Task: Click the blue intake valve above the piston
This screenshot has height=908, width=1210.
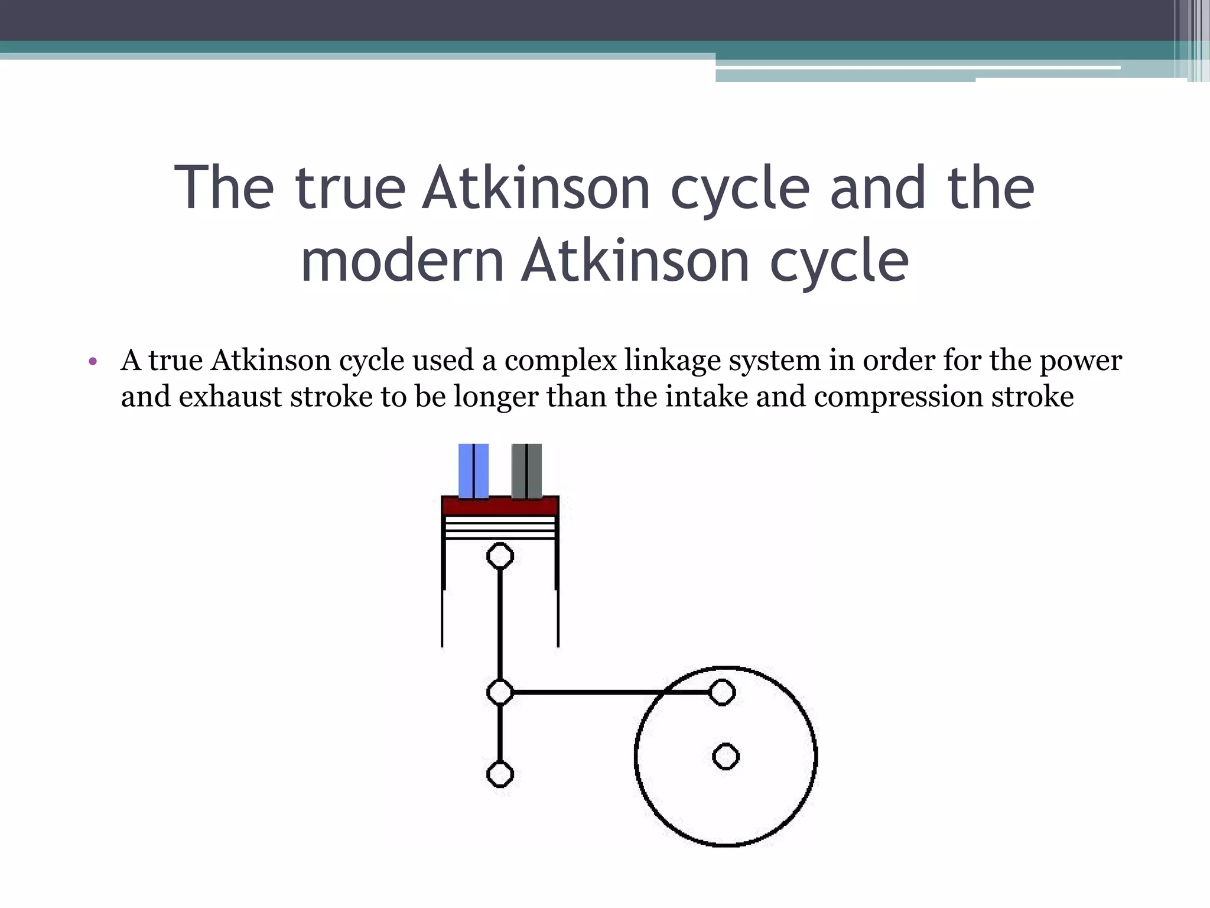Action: (473, 471)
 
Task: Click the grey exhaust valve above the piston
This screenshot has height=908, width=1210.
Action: (526, 471)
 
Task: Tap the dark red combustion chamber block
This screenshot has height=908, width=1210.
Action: (500, 507)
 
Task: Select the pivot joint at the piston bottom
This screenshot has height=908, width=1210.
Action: (500, 556)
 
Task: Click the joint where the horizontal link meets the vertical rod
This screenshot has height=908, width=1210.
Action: (500, 692)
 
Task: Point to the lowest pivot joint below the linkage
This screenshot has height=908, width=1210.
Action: (500, 774)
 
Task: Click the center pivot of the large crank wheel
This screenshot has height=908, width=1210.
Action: (726, 757)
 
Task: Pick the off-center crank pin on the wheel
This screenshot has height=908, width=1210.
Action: (721, 692)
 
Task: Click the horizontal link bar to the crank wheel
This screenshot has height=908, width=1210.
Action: (609, 692)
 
